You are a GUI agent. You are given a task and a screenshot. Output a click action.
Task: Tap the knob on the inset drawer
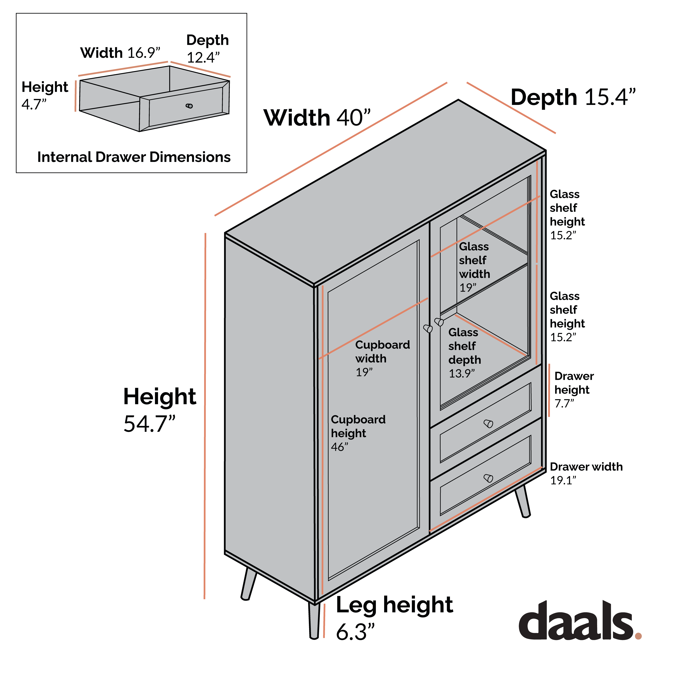(x=189, y=106)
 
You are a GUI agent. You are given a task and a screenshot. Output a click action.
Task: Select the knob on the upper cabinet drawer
(x=488, y=424)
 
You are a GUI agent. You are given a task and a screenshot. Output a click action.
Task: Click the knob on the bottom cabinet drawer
(x=488, y=478)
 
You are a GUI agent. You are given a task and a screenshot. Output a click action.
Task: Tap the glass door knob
(x=439, y=322)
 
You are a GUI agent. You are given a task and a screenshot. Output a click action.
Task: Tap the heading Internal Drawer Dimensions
(x=134, y=157)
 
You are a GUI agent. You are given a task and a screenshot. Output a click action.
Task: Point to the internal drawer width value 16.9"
(x=144, y=53)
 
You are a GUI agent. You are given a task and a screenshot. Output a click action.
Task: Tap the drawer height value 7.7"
(x=564, y=403)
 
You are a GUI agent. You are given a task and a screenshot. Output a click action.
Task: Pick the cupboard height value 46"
(x=339, y=447)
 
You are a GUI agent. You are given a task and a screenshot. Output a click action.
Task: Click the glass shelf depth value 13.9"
(x=462, y=373)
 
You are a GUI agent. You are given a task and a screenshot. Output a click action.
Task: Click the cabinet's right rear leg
(x=523, y=501)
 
